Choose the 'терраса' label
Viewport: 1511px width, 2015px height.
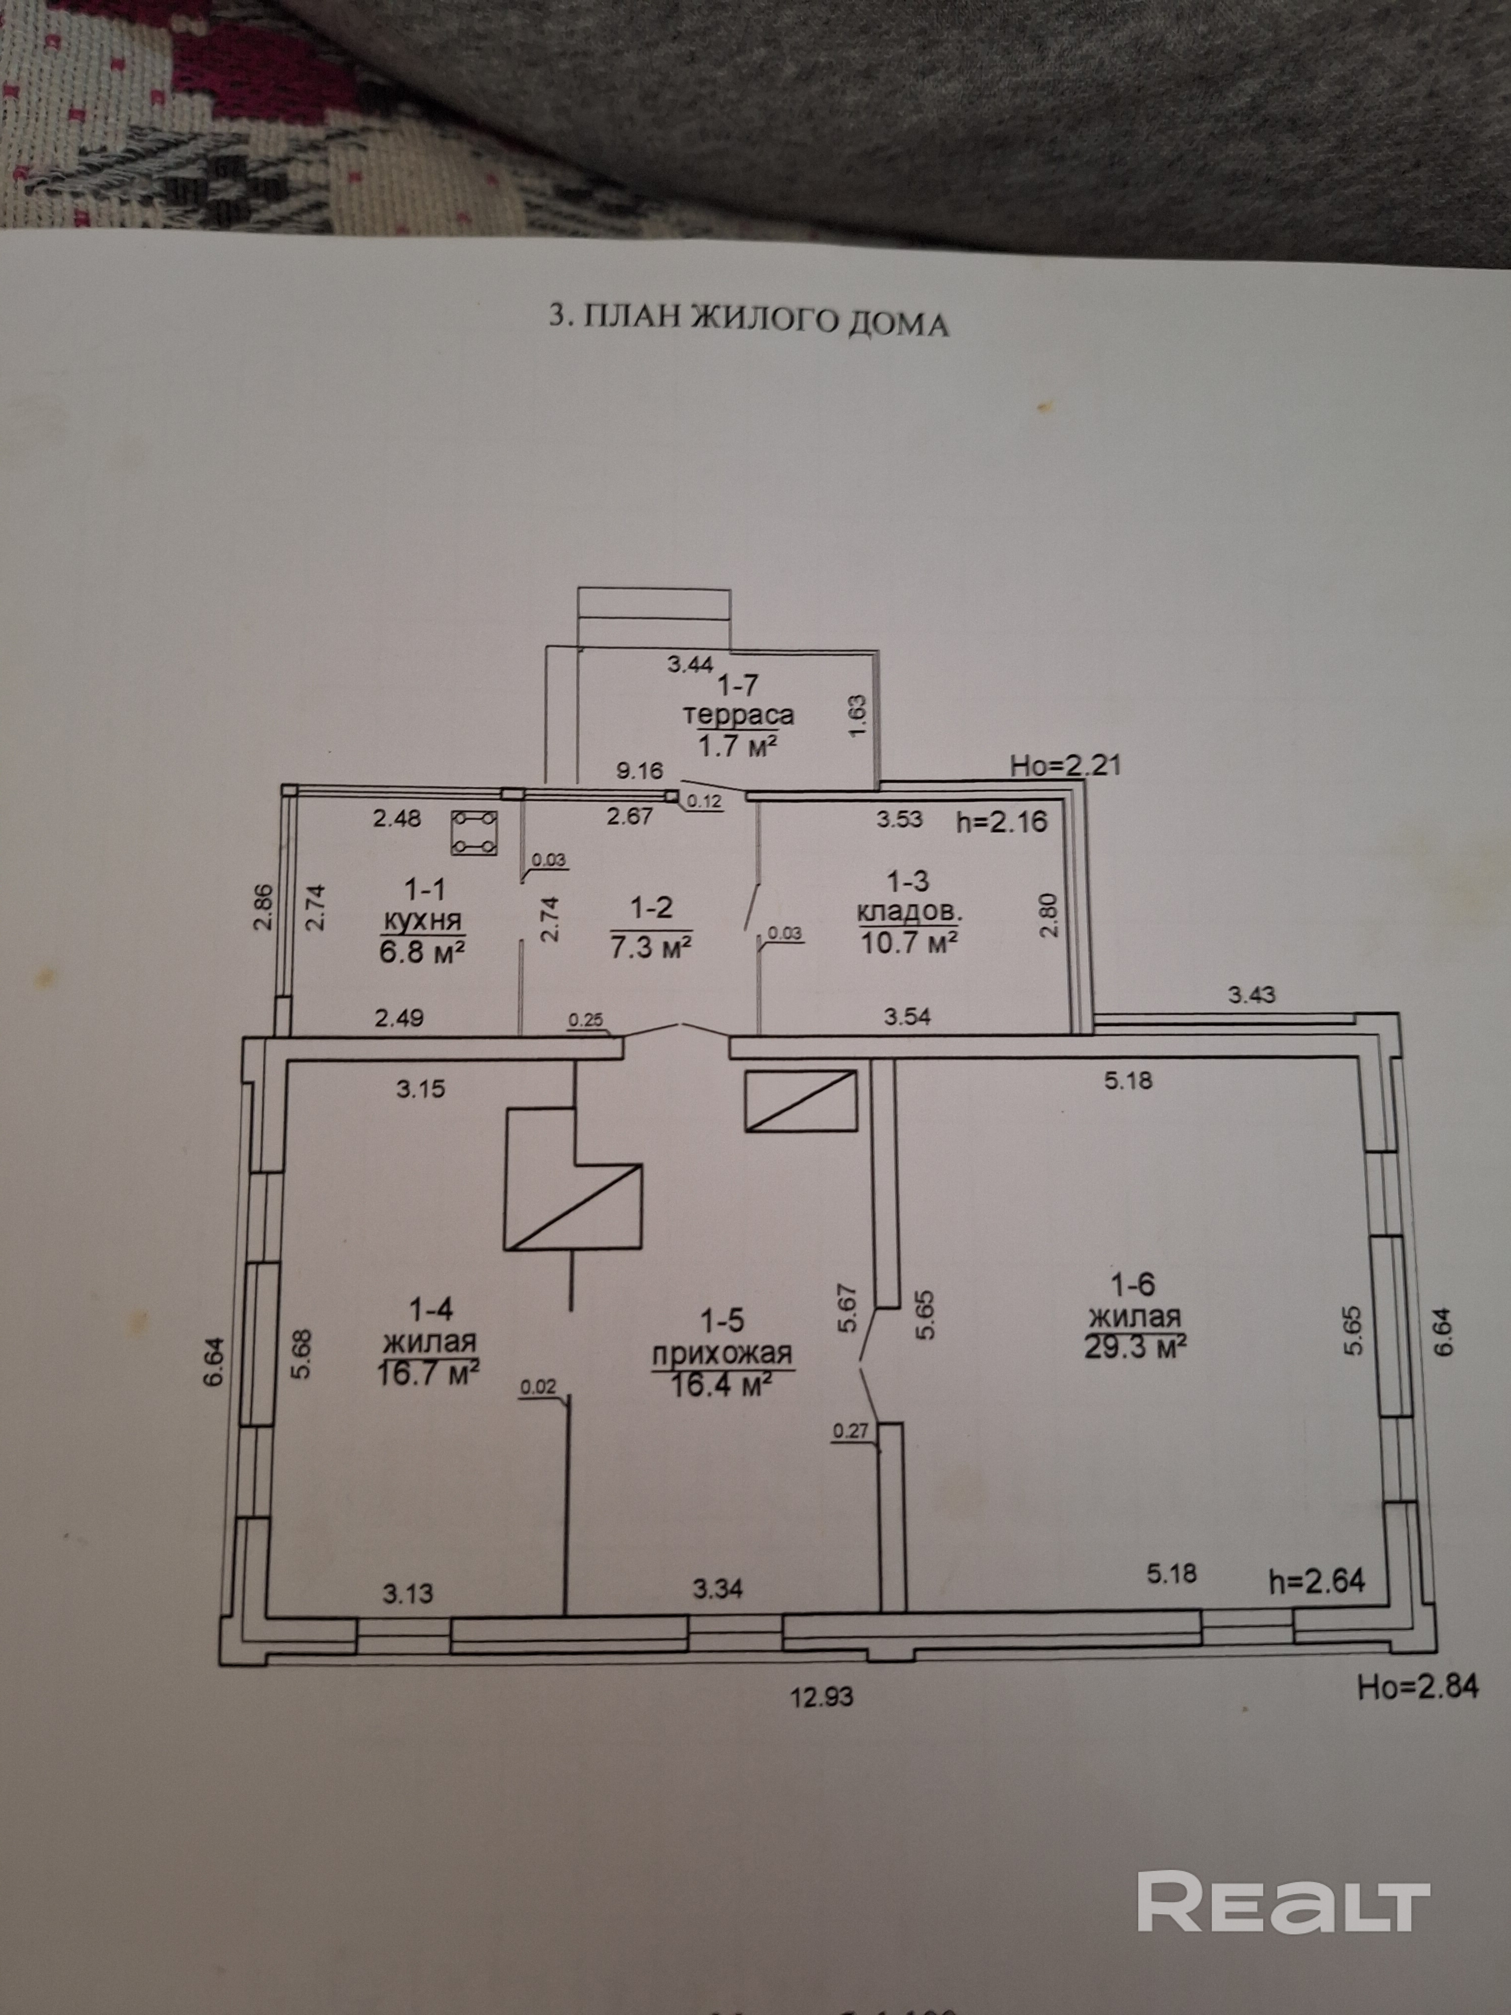click(x=739, y=715)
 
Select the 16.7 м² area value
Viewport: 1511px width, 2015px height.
click(x=428, y=1372)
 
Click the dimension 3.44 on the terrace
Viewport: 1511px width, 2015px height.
click(x=690, y=664)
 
